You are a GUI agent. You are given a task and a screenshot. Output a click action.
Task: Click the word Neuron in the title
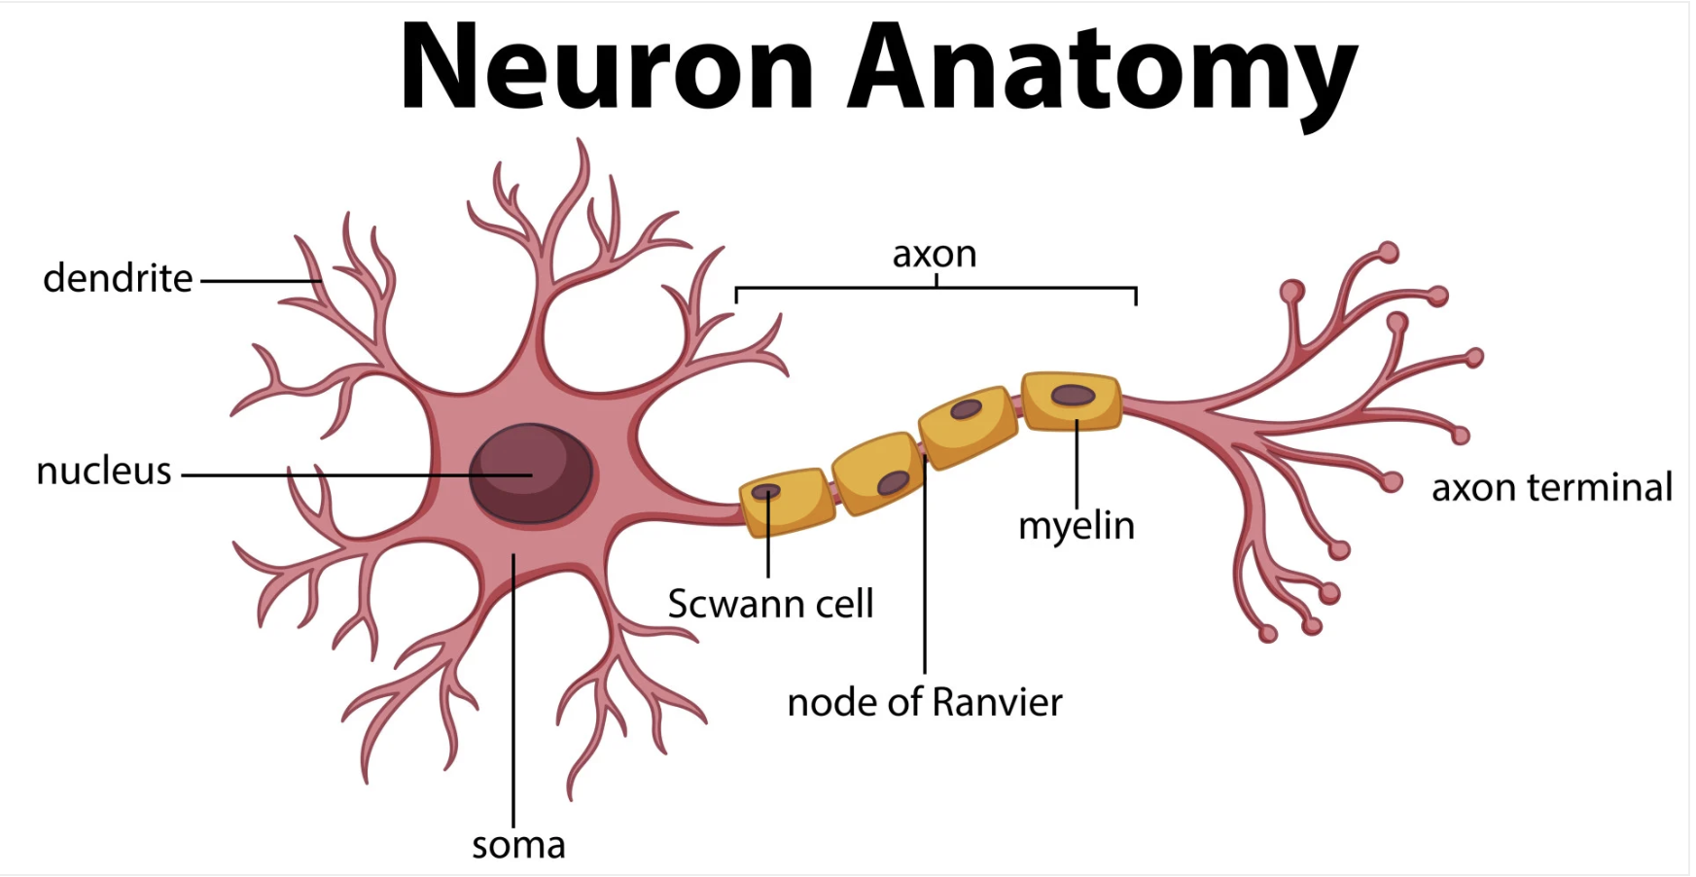point(607,68)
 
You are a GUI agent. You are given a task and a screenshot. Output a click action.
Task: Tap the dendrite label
point(118,279)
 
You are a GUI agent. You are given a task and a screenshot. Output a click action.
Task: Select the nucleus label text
point(104,472)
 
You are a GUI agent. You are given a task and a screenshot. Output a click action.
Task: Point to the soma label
point(518,845)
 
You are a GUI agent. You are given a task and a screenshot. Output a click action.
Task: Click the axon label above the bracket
point(935,255)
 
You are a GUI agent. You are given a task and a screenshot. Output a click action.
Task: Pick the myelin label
point(1077,526)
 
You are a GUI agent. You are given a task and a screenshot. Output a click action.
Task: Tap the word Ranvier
point(997,702)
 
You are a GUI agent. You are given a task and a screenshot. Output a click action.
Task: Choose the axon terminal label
point(1551,488)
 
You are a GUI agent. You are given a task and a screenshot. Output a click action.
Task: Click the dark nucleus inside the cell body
point(531,474)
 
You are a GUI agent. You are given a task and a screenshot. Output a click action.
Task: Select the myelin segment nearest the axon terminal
point(1072,401)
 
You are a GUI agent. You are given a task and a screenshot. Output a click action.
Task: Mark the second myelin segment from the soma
point(879,473)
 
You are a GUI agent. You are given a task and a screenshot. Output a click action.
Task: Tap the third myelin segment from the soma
point(968,426)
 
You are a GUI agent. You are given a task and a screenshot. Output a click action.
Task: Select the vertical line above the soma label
point(513,700)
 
